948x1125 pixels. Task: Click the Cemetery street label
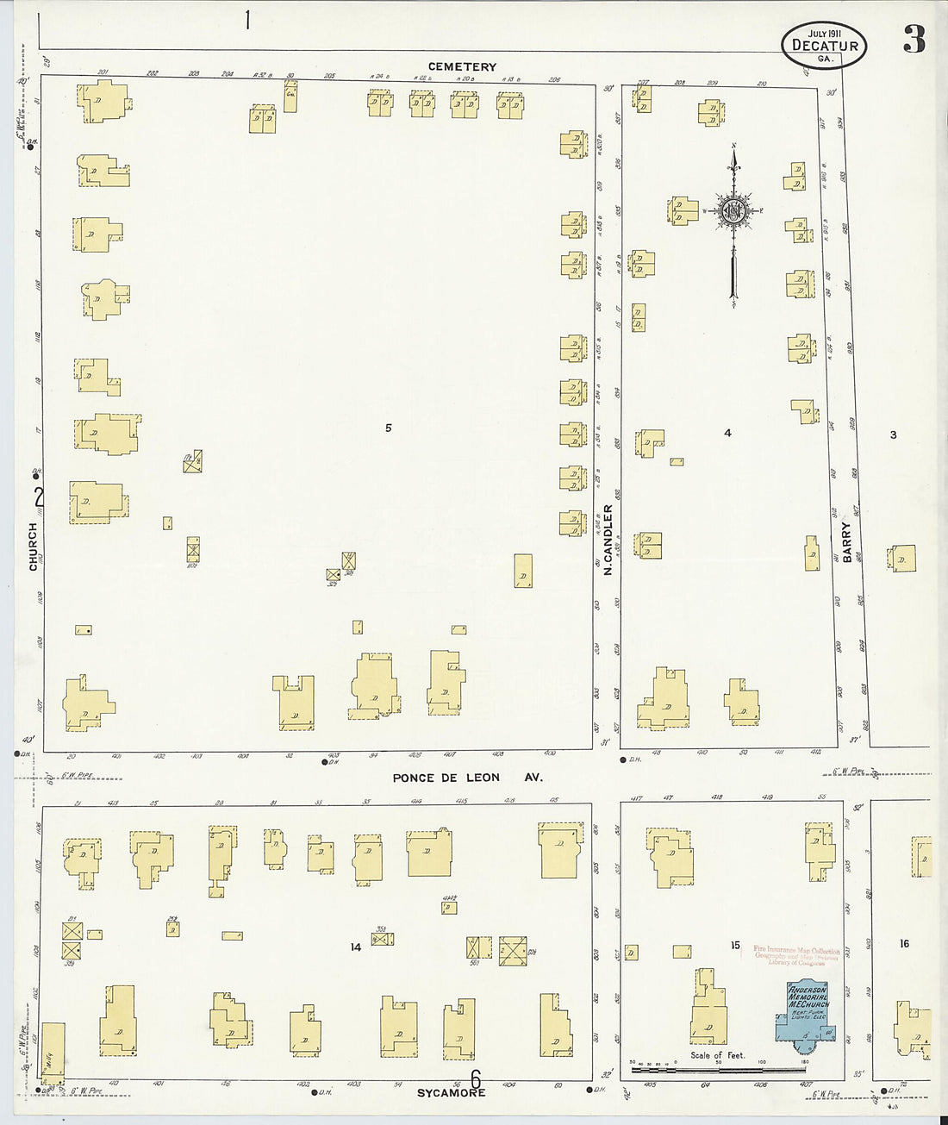click(463, 66)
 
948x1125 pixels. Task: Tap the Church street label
click(34, 546)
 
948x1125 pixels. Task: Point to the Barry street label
click(847, 542)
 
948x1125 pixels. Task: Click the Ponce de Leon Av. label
click(468, 778)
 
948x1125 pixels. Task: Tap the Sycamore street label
click(452, 1092)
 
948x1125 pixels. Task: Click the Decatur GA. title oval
click(824, 46)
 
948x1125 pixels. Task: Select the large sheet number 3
click(914, 40)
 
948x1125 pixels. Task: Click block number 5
click(389, 428)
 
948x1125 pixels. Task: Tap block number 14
click(355, 947)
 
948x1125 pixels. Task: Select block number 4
click(727, 433)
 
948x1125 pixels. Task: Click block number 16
click(904, 944)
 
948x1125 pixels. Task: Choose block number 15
click(735, 946)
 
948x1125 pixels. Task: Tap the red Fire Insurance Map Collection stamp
click(795, 955)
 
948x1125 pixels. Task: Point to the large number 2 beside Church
click(38, 497)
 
